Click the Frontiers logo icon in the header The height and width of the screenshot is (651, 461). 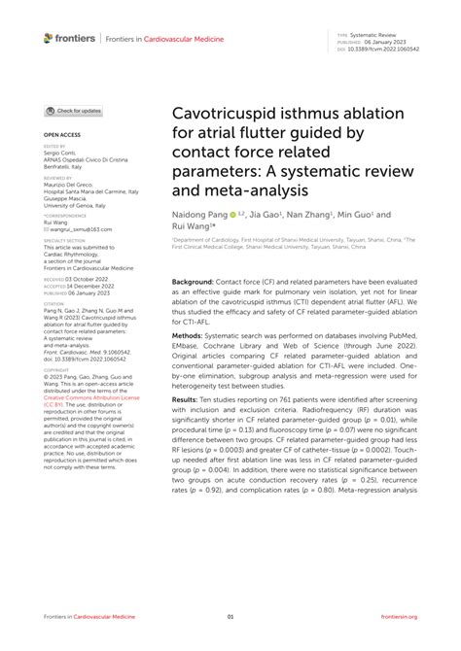click(x=49, y=38)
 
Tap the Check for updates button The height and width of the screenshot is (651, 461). click(x=74, y=112)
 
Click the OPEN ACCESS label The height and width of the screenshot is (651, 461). click(x=60, y=134)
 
